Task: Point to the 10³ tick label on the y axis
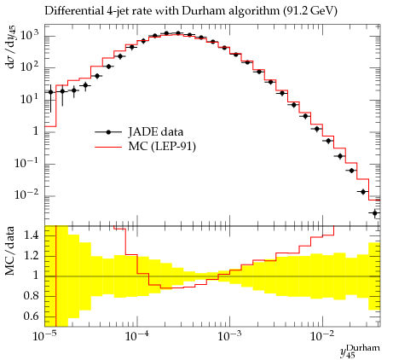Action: point(29,36)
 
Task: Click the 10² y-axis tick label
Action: point(29,67)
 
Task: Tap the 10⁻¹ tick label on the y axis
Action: point(26,164)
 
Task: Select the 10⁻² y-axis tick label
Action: point(26,195)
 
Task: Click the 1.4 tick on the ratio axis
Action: point(31,235)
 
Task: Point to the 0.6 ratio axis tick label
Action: point(31,316)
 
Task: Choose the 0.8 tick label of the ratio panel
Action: point(31,296)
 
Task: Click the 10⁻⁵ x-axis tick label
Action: point(44,336)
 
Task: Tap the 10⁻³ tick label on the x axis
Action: point(229,336)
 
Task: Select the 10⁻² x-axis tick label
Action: point(322,336)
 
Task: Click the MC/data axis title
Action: point(10,251)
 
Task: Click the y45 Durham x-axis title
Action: point(360,351)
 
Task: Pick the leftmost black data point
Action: point(50,92)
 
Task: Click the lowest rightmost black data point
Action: point(375,213)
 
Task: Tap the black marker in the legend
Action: point(108,132)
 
